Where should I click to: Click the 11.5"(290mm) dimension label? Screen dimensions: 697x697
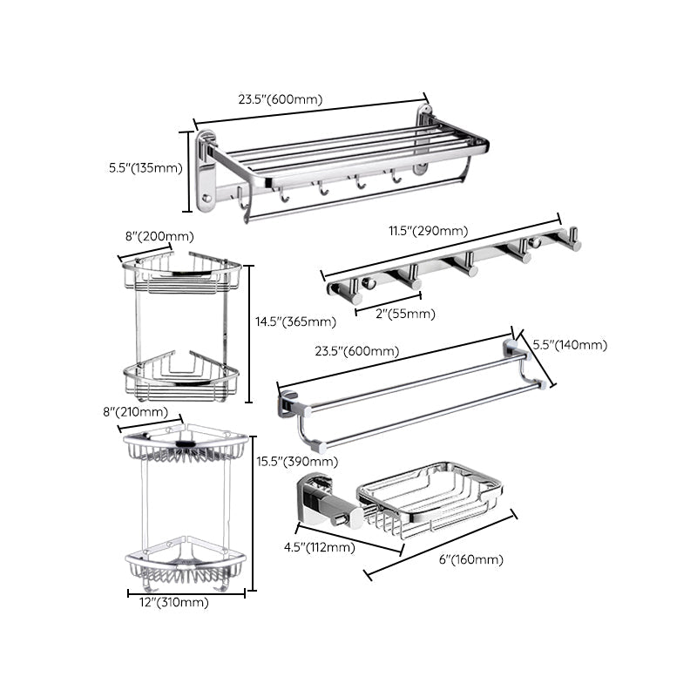428,231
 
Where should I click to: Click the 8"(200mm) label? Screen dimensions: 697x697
159,236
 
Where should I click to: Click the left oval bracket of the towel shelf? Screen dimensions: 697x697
205,172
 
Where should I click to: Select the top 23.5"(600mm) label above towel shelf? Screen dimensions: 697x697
281,99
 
